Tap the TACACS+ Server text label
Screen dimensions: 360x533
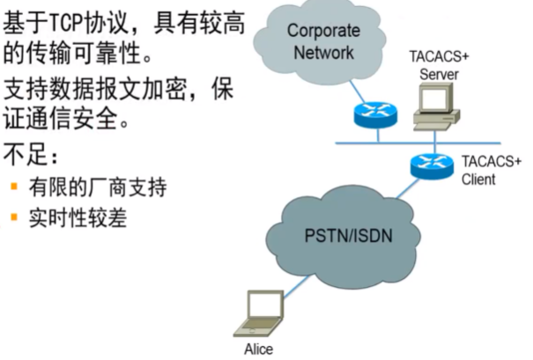click(439, 66)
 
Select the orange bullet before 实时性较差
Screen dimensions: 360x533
click(15, 217)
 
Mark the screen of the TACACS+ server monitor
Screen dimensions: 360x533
click(435, 100)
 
